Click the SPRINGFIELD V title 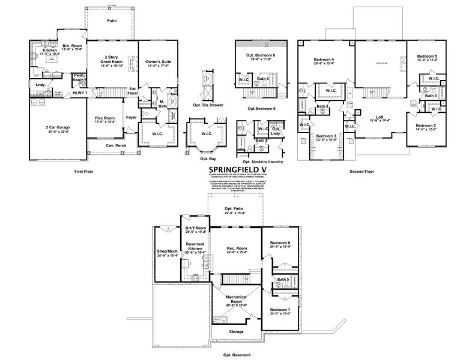click(238, 169)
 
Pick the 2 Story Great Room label click(113, 59)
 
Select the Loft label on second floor click(380, 118)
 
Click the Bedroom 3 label click(327, 137)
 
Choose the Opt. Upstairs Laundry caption click(262, 162)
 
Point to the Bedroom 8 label click(280, 244)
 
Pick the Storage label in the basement click(236, 331)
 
